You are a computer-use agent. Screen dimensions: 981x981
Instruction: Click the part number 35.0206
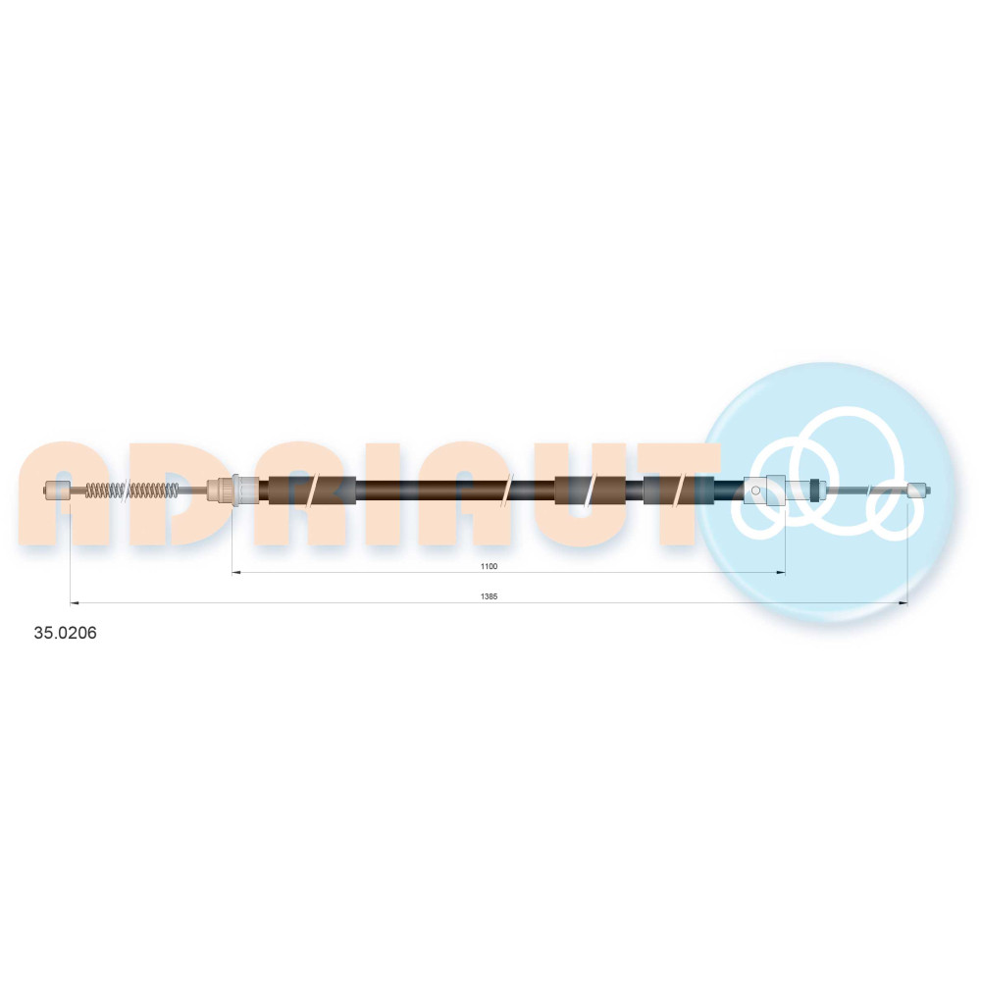pos(65,633)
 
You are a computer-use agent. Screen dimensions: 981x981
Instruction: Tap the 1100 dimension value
pos(489,566)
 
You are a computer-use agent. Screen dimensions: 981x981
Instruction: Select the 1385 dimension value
pos(489,596)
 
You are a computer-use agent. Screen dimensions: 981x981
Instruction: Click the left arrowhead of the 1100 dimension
pos(236,572)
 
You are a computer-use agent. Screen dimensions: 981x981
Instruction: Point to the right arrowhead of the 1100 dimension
pos(781,572)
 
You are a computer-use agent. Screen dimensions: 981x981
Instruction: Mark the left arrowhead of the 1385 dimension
pos(75,602)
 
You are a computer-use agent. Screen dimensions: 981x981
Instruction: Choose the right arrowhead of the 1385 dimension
pos(903,602)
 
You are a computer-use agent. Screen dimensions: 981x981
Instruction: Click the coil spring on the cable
pos(131,490)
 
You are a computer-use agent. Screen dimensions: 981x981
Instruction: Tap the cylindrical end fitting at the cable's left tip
pos(58,490)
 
